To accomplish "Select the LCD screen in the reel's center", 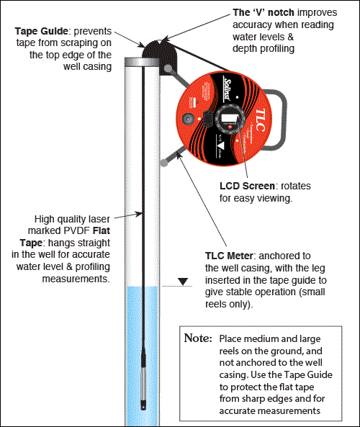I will pyautogui.click(x=230, y=116).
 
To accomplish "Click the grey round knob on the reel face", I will pyautogui.click(x=190, y=117).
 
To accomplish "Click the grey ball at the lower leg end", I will pyautogui.click(x=165, y=163).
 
